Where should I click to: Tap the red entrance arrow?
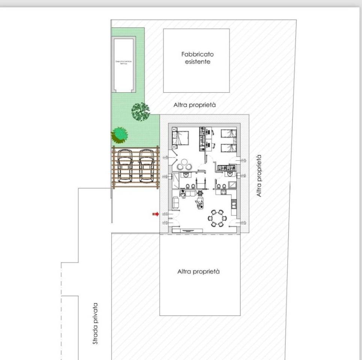(x=155, y=214)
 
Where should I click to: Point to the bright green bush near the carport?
(x=119, y=134)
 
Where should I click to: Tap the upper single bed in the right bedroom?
(x=228, y=134)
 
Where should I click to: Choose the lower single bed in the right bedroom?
(x=228, y=147)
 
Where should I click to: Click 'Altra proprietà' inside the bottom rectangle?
(x=198, y=271)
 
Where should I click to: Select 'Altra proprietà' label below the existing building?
(x=195, y=105)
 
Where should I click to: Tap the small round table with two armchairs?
(x=184, y=164)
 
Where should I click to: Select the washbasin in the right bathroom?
(x=229, y=174)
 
